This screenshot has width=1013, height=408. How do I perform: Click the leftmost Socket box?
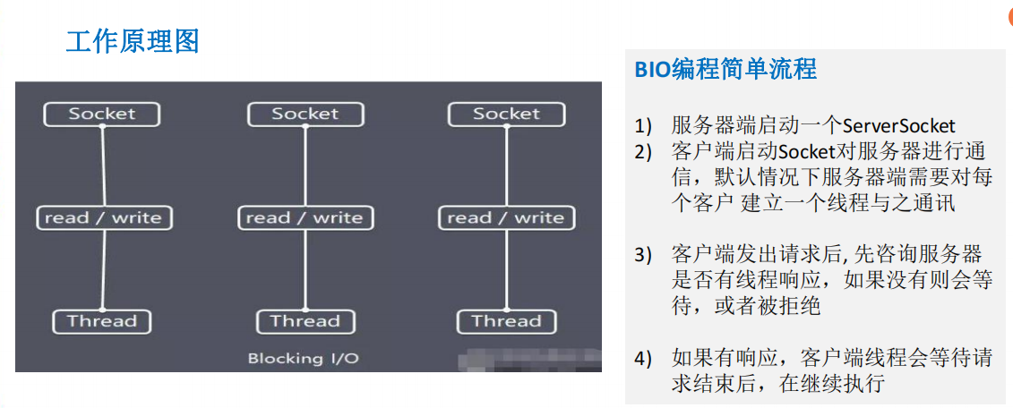[102, 114]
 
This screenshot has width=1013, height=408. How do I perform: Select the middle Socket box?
[305, 114]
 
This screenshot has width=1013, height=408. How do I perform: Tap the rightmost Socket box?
[506, 114]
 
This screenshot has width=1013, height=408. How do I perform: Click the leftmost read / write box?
[104, 217]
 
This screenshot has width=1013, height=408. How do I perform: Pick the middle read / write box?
[305, 217]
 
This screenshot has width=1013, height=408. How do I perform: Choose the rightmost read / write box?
[506, 217]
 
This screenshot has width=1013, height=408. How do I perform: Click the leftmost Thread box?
[102, 321]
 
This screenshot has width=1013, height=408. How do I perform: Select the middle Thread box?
[305, 321]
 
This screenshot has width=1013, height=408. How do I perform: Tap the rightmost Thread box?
[506, 321]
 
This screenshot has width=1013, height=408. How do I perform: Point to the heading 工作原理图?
[132, 40]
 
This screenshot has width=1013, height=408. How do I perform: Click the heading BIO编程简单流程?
[725, 69]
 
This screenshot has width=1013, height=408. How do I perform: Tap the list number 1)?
[644, 126]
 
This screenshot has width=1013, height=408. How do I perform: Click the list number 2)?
[644, 151]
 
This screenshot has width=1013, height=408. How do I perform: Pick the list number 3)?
[644, 254]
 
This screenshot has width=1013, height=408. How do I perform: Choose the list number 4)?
[644, 359]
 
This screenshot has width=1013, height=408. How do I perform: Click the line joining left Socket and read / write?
[103, 166]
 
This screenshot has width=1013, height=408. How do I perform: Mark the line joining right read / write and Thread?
[506, 269]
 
